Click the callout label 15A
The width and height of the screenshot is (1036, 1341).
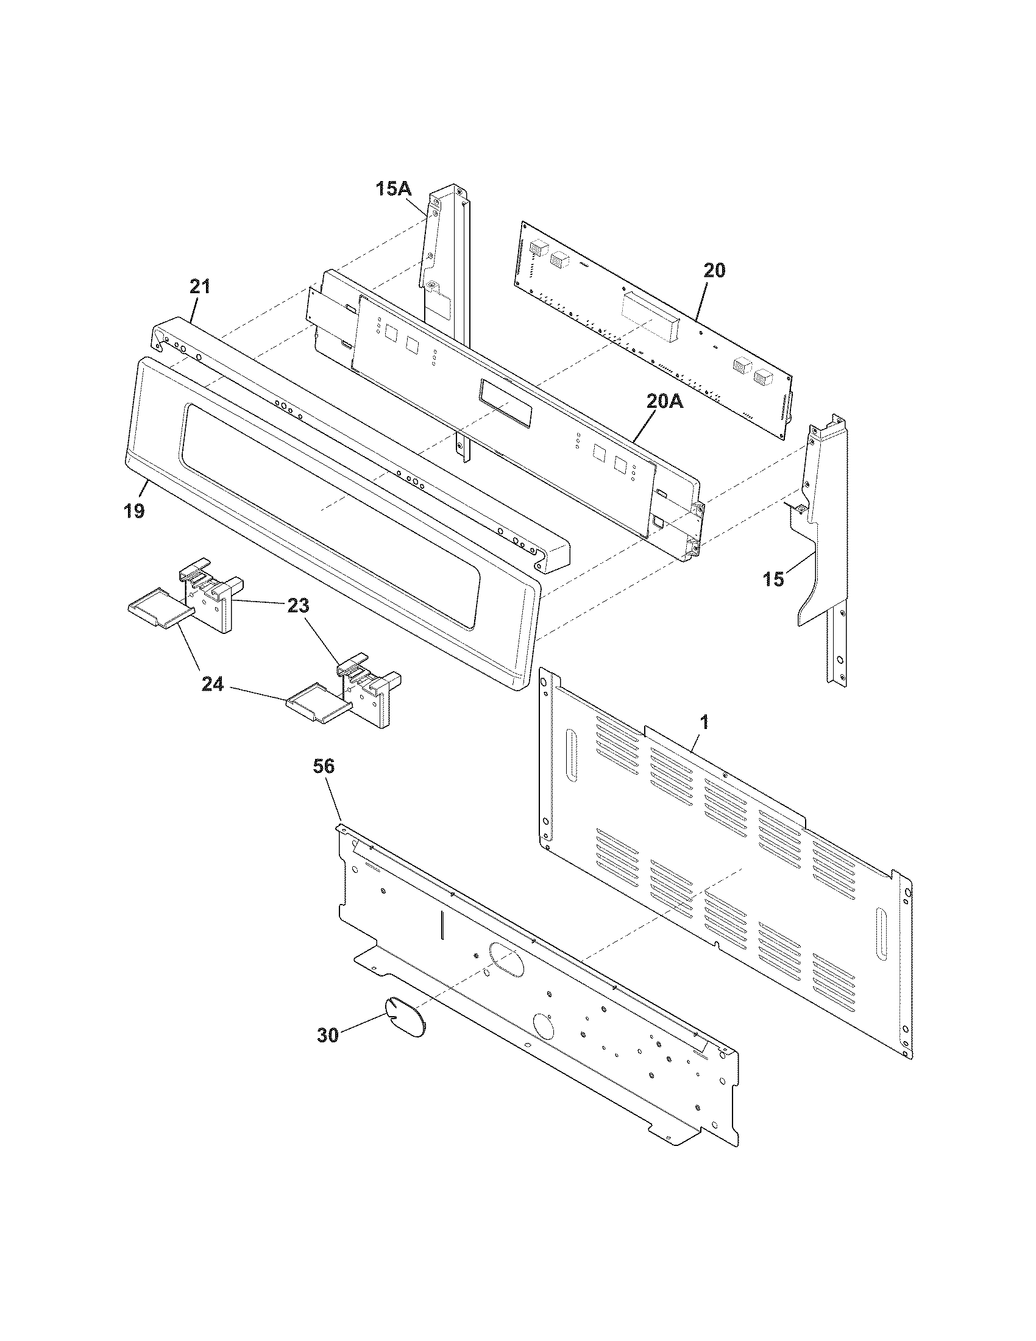click(393, 189)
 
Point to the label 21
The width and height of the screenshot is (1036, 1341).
click(199, 286)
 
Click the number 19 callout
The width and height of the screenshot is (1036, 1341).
click(134, 510)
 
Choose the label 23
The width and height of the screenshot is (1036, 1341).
click(298, 606)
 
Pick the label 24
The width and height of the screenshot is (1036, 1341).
click(213, 684)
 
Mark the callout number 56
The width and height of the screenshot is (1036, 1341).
click(324, 766)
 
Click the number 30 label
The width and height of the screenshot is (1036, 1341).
click(328, 1035)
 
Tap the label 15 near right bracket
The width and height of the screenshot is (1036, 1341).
click(774, 578)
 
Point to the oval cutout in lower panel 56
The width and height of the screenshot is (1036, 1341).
click(507, 961)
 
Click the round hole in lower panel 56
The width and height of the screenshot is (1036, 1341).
click(544, 1025)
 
